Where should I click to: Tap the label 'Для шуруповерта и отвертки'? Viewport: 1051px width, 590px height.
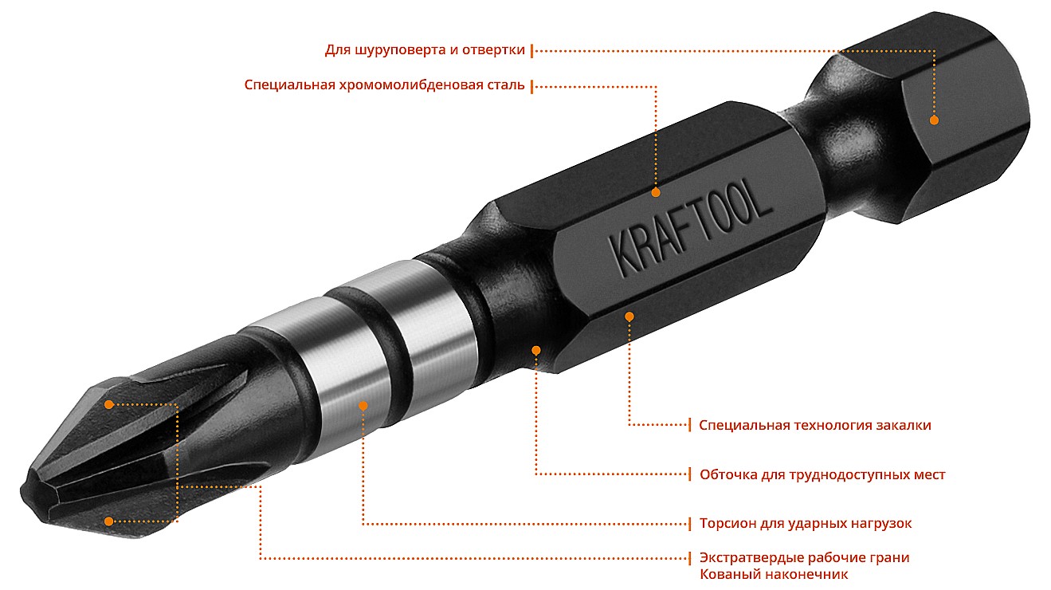425,49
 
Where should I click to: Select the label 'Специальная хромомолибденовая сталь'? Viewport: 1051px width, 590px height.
384,85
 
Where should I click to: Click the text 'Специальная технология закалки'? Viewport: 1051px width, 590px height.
815,425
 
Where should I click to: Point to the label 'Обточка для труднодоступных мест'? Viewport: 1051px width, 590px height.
822,474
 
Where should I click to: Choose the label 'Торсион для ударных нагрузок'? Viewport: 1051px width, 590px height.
806,523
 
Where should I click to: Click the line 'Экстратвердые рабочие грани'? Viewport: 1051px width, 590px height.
804,557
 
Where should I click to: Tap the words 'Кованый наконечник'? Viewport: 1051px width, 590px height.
774,574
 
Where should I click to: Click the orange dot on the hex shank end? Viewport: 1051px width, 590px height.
934,120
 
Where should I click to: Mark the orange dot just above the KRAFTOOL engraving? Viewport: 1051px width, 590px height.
656,192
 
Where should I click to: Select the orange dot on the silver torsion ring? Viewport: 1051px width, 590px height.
363,406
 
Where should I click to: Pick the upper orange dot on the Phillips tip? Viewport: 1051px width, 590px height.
109,404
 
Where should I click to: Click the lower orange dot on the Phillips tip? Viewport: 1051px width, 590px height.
109,521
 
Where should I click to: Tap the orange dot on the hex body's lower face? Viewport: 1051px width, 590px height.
629,317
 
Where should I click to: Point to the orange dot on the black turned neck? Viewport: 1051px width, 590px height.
535,350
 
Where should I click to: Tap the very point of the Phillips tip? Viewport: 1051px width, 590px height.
22,490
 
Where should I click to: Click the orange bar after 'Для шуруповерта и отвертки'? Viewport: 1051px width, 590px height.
531,51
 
